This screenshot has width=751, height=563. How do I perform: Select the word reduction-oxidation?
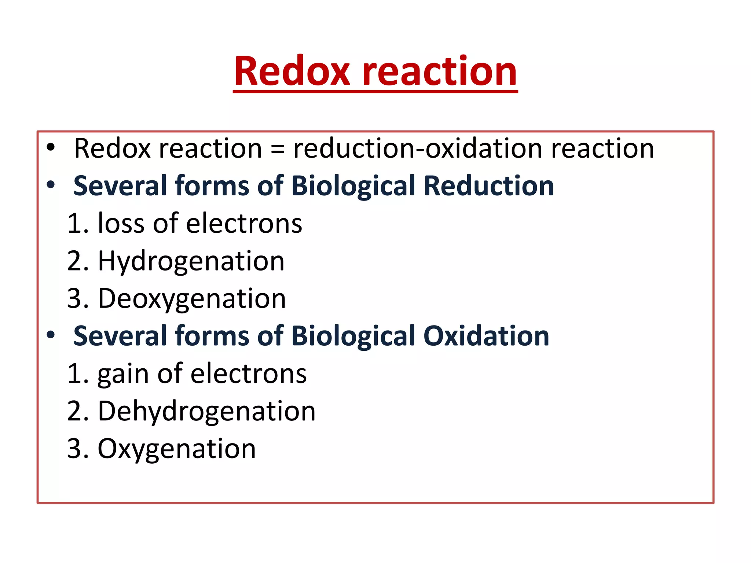tap(418, 148)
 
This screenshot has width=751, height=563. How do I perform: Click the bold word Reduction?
tap(488, 186)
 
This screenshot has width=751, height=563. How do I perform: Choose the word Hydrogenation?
tap(191, 262)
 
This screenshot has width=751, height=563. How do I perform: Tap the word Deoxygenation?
tap(192, 299)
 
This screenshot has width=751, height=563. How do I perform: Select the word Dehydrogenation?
tap(206, 411)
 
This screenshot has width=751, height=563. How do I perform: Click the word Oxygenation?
tap(176, 449)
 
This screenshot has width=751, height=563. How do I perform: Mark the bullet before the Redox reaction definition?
tap(51, 147)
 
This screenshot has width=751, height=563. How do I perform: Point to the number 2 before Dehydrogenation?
tap(75, 411)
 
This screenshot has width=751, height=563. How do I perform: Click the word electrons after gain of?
tap(248, 374)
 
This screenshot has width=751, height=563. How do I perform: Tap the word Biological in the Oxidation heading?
tap(353, 336)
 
